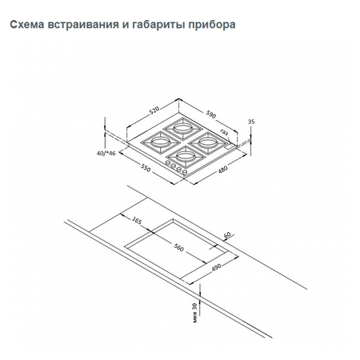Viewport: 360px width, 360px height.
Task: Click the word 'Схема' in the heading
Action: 26,24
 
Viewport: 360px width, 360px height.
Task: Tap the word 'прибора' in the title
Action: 214,24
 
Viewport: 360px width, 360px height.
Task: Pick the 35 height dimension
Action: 251,122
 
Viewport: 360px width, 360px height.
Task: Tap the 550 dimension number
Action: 146,169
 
